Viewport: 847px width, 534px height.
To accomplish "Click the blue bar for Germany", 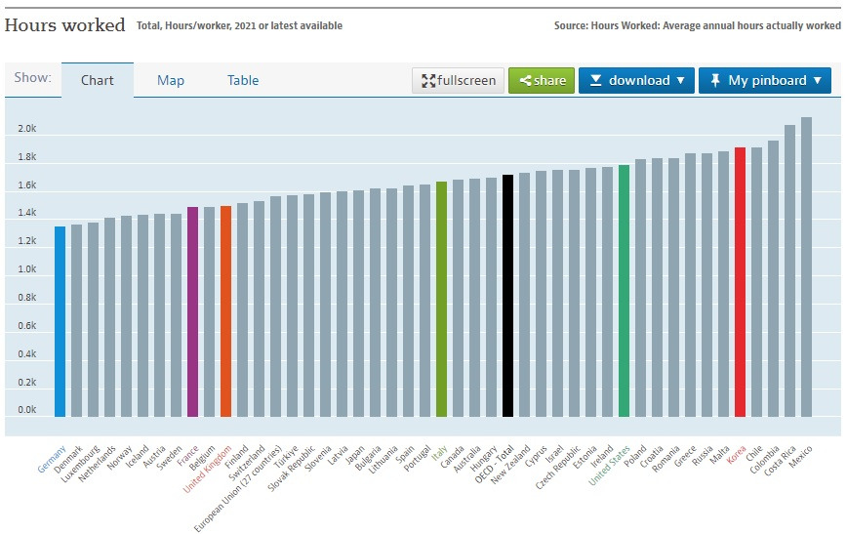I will (x=60, y=321).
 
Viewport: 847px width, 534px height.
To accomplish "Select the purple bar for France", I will (x=192, y=311).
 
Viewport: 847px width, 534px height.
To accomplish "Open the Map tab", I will (x=171, y=80).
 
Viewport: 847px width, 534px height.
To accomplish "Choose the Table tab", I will (x=243, y=80).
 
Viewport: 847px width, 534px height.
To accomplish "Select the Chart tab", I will (x=98, y=80).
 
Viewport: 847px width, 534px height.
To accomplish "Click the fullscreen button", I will (x=458, y=80).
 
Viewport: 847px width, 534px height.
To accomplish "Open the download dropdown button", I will (x=636, y=80).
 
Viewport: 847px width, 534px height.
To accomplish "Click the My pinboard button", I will (x=765, y=80).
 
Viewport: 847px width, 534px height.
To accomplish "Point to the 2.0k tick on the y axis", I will (x=26, y=129).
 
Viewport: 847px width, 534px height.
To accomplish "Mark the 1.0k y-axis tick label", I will (x=26, y=269).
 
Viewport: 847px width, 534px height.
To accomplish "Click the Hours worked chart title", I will (x=65, y=25).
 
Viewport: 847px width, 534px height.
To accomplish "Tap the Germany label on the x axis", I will (x=52, y=454).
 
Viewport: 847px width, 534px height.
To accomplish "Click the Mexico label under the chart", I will (x=799, y=455).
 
